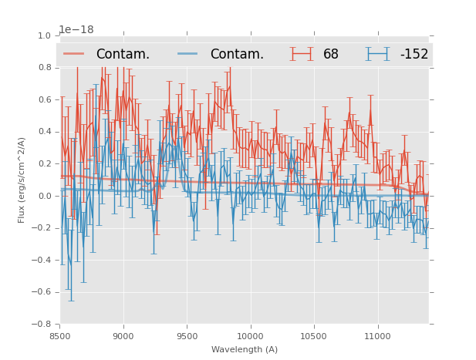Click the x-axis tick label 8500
click(59, 336)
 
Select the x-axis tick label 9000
click(123, 336)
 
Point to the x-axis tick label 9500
click(187, 336)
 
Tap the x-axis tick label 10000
click(251, 336)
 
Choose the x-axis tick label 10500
click(314, 336)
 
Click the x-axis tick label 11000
click(378, 336)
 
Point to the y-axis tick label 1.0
click(44, 35)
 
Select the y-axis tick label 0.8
click(44, 68)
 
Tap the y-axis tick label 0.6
click(44, 100)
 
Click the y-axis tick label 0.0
click(44, 196)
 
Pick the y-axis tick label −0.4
click(42, 260)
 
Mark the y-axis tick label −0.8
click(42, 324)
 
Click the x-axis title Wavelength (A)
click(245, 349)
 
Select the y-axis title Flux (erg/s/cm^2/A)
click(22, 180)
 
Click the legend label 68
click(331, 55)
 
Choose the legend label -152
click(414, 55)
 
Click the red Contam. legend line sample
click(74, 54)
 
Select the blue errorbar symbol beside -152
click(378, 54)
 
